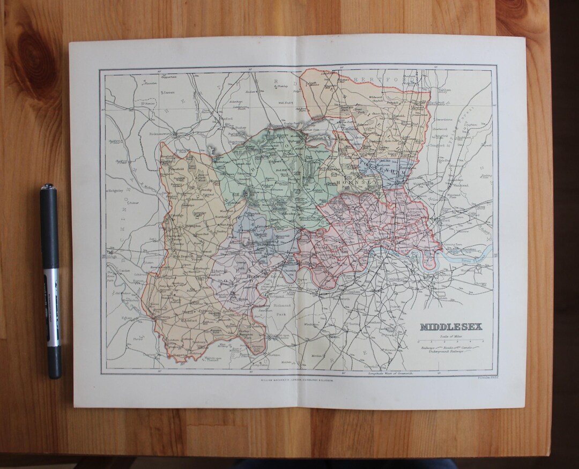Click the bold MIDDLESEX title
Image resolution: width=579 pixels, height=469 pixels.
(450, 327)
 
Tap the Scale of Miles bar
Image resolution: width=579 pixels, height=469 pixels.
(450, 341)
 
